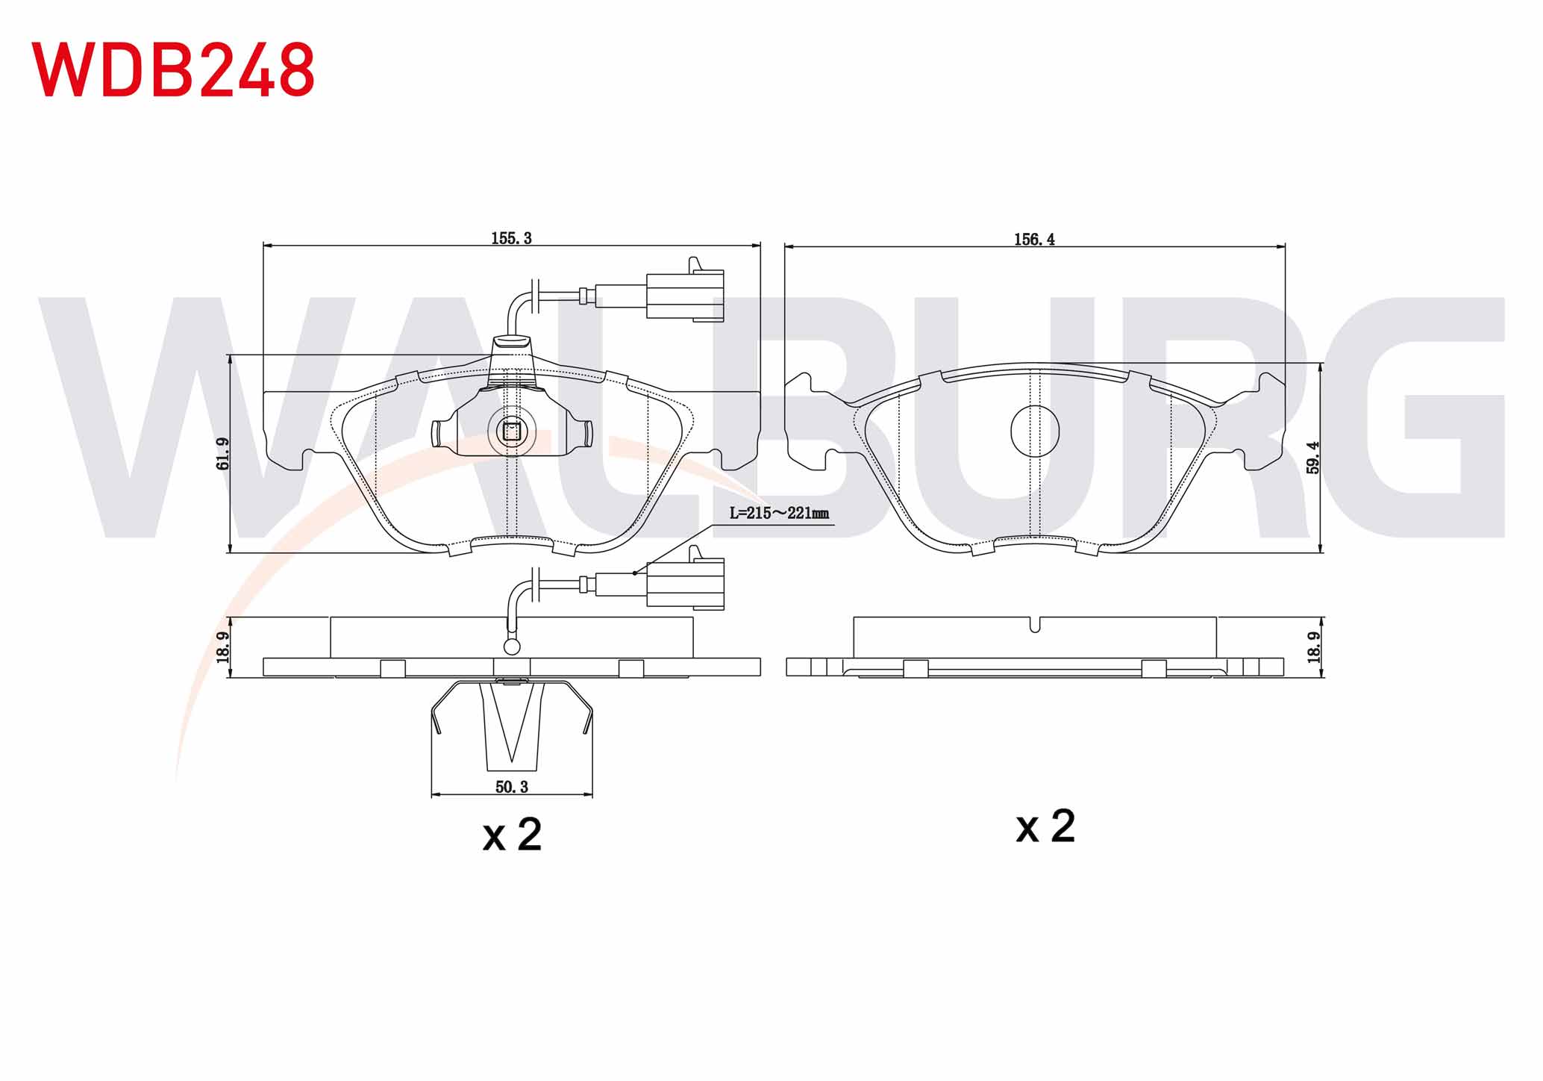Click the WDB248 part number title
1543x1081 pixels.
pyautogui.click(x=173, y=69)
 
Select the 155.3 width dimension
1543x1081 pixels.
pyautogui.click(x=511, y=238)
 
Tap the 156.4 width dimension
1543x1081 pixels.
pyautogui.click(x=1034, y=239)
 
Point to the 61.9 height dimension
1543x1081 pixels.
pyautogui.click(x=222, y=453)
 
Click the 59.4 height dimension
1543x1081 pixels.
pyautogui.click(x=1313, y=457)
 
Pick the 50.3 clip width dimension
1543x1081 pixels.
pyautogui.click(x=512, y=787)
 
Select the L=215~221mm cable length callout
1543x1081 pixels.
pyautogui.click(x=779, y=514)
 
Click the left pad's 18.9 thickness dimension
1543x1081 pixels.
pyautogui.click(x=222, y=647)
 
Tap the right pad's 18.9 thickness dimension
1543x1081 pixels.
pyautogui.click(x=1314, y=647)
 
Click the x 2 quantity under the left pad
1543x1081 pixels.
pyautogui.click(x=512, y=834)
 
